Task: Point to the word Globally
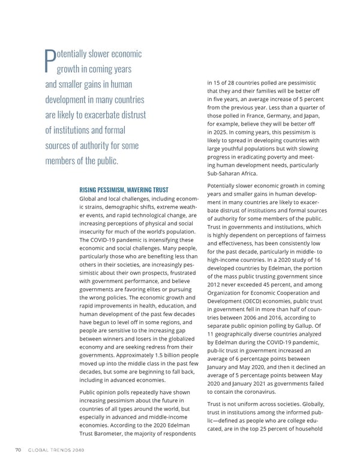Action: [x=310, y=405]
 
